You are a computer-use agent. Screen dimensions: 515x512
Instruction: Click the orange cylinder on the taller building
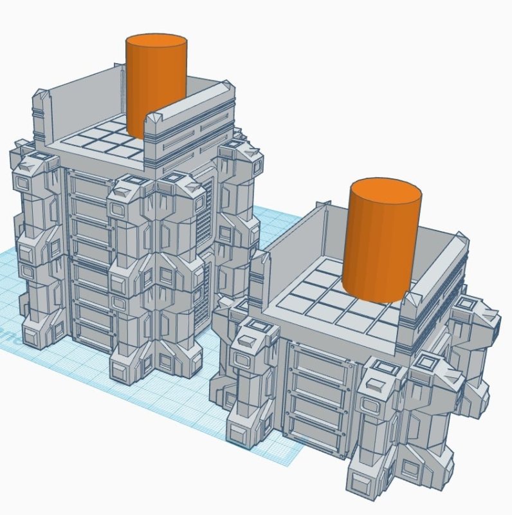[x=156, y=90]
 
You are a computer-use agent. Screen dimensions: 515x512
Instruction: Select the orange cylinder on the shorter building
[x=381, y=251]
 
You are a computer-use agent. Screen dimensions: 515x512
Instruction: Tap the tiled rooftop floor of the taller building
[x=103, y=138]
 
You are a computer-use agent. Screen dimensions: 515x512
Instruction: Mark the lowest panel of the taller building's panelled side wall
[x=90, y=328]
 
